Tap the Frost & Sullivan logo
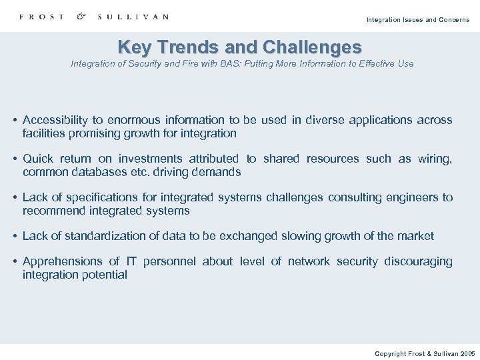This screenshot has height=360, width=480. pos(94,17)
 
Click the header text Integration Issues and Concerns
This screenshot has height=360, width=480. pos(417,20)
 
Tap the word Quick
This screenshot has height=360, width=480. pos(38,159)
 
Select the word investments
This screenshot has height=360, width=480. pos(150,159)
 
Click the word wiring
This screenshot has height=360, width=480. pos(435,159)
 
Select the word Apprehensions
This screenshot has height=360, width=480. pos(61,261)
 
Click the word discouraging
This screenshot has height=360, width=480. pos(418,261)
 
